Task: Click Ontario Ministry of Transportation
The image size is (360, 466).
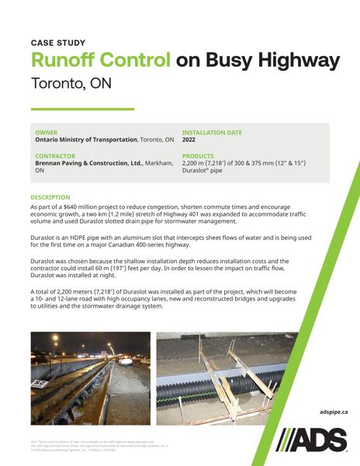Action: (x=85, y=140)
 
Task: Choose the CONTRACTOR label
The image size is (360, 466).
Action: (x=54, y=156)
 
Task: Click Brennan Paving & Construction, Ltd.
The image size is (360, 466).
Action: (x=89, y=163)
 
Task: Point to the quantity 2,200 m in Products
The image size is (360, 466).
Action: (x=195, y=163)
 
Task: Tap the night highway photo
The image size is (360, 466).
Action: (x=90, y=368)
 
